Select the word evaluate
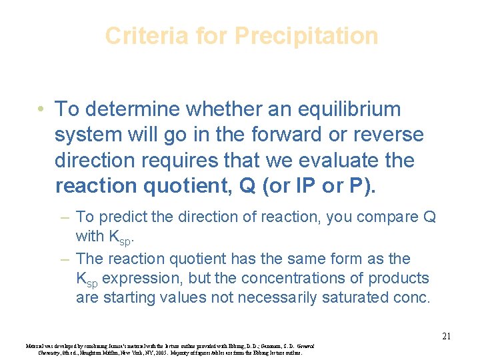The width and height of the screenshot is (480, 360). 345,161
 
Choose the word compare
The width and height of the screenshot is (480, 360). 379,217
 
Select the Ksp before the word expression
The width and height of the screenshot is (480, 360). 89,279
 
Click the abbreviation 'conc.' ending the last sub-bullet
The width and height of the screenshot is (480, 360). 411,297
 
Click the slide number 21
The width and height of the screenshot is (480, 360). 446,337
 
